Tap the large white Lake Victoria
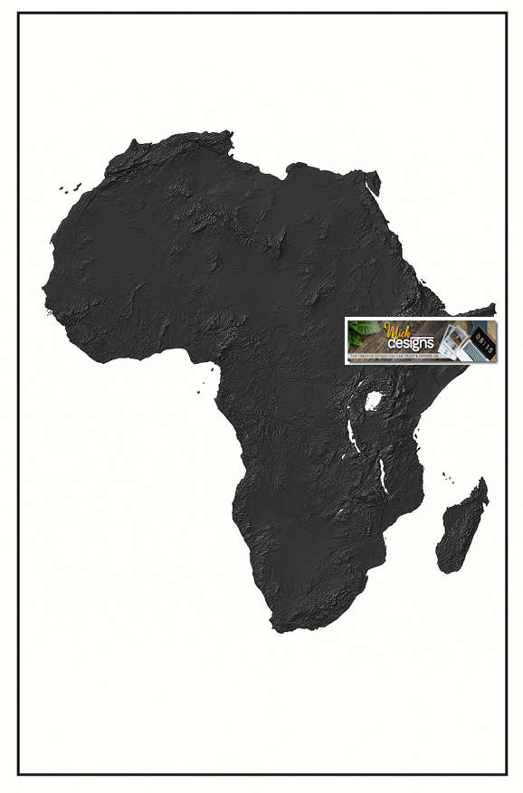pos(372,400)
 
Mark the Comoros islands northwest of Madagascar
pos(447,475)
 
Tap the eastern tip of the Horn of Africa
pos(494,308)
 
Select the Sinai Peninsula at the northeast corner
pos(372,182)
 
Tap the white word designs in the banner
pos(411,344)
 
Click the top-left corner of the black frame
pos(19,14)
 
